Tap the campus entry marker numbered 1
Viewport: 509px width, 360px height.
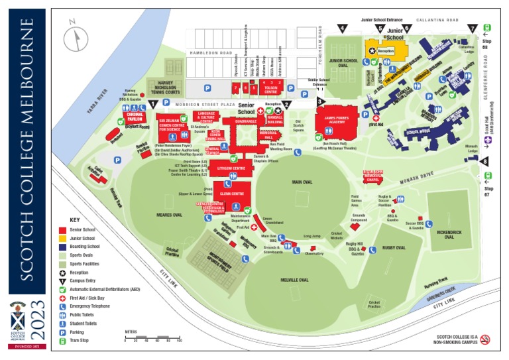(154, 103)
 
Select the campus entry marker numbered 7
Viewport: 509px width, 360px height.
(472, 29)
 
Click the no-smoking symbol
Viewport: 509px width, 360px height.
(484, 339)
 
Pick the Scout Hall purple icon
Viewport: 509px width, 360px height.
(488, 141)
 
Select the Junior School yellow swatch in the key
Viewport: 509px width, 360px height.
(63, 238)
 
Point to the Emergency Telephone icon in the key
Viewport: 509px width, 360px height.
(63, 306)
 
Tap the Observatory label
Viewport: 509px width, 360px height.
(314, 253)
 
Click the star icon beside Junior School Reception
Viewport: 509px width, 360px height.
(372, 50)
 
